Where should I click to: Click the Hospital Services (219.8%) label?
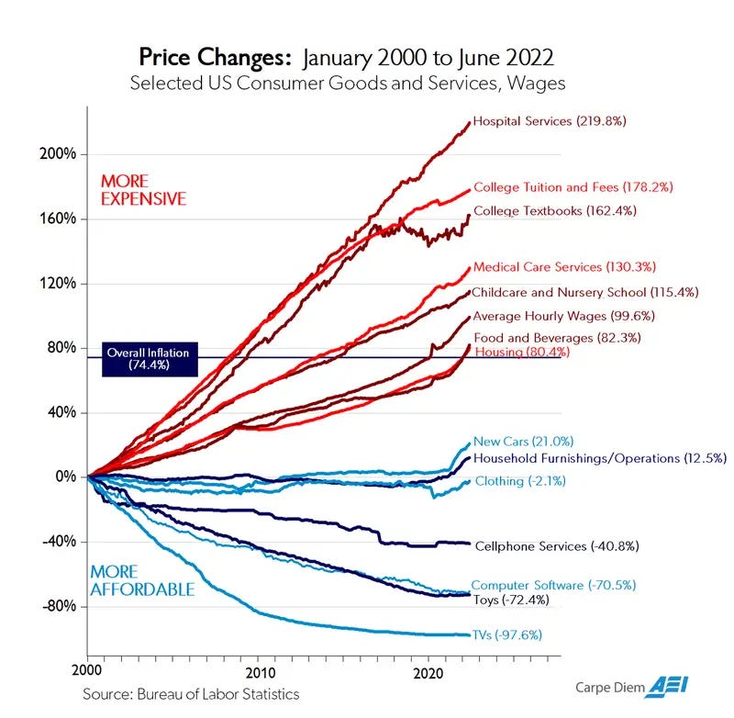pyautogui.click(x=548, y=121)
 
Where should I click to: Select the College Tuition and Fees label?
pyautogui.click(x=573, y=187)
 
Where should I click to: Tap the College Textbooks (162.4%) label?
pyautogui.click(x=567, y=210)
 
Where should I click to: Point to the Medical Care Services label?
pyautogui.click(x=564, y=267)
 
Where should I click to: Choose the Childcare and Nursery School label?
pyautogui.click(x=585, y=292)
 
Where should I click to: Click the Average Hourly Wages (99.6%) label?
pyautogui.click(x=563, y=316)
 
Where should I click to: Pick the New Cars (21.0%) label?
pyautogui.click(x=523, y=442)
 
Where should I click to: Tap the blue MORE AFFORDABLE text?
pyautogui.click(x=142, y=580)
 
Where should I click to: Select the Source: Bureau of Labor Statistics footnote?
pyautogui.click(x=191, y=693)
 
